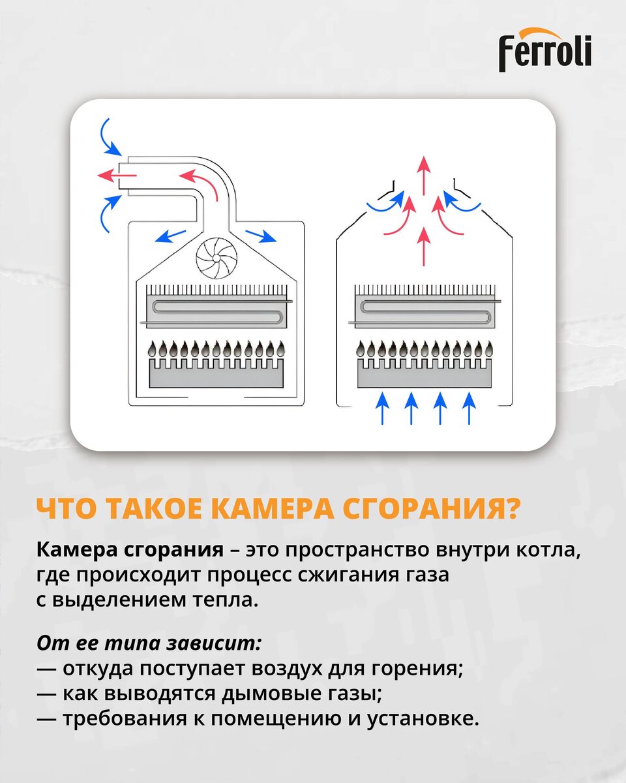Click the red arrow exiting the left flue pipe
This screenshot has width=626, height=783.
coord(117,176)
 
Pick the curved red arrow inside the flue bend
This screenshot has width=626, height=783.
coord(199,184)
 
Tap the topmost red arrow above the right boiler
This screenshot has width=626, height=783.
coord(423,175)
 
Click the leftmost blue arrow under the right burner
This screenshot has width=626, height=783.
coord(382,408)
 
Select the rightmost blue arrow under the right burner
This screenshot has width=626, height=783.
coord(469,408)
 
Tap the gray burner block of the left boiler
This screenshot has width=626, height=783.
coord(216,374)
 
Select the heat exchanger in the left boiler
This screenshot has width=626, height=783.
coord(216,307)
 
